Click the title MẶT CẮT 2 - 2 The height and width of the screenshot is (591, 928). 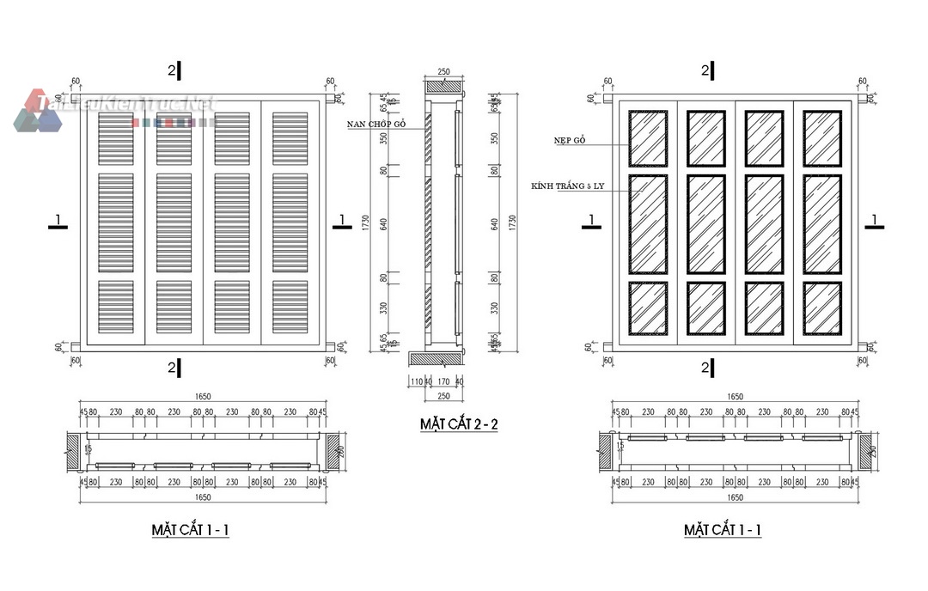(459, 423)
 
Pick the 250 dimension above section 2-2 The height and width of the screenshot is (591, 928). (443, 73)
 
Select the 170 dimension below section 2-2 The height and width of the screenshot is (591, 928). (444, 381)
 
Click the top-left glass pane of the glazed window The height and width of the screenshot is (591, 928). (648, 137)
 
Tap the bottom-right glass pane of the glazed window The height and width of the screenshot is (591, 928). (822, 308)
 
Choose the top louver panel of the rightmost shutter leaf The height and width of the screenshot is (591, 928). (290, 137)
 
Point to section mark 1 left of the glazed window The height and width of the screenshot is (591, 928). (589, 221)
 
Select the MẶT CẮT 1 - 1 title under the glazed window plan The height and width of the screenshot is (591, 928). (722, 530)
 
